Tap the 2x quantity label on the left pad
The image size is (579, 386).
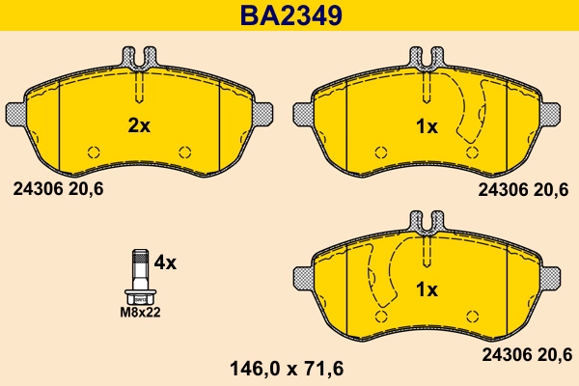pyautogui.click(x=140, y=124)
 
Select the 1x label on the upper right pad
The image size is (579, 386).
pyautogui.click(x=426, y=125)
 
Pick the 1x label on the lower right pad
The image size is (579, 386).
pyautogui.click(x=426, y=289)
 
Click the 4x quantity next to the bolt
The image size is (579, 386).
pyautogui.click(x=165, y=261)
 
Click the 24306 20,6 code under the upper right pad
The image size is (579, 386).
pyautogui.click(x=525, y=190)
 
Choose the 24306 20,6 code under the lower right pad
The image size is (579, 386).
pyautogui.click(x=525, y=354)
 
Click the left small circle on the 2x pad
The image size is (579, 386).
pyautogui.click(x=94, y=151)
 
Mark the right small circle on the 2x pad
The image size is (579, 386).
pyautogui.click(x=185, y=151)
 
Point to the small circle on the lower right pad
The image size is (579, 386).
pyautogui.click(x=471, y=315)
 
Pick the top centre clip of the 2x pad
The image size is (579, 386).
pyautogui.click(x=140, y=58)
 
